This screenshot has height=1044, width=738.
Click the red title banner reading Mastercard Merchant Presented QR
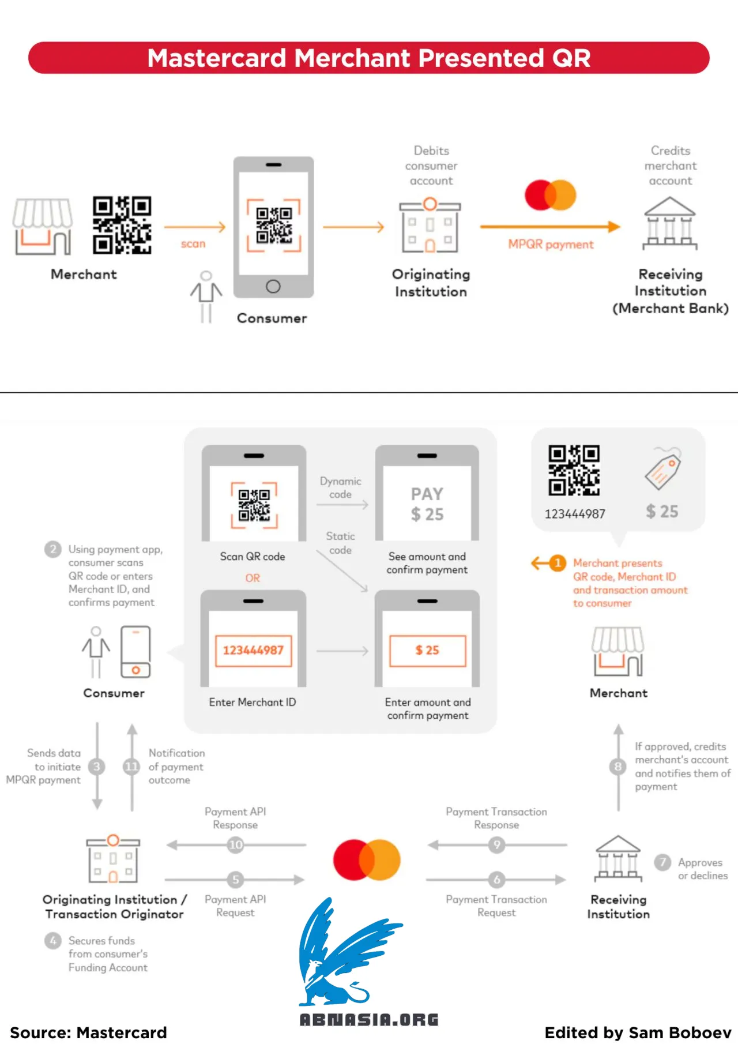(x=369, y=58)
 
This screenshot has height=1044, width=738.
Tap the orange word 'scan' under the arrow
(x=193, y=244)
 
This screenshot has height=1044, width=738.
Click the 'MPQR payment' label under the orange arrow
(x=551, y=245)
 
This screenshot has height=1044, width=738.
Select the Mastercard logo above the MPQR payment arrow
(x=551, y=195)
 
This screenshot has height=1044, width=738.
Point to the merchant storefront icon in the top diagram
(x=43, y=226)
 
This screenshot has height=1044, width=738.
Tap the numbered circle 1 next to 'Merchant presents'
(x=558, y=563)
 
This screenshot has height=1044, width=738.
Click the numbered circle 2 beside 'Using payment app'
(x=53, y=549)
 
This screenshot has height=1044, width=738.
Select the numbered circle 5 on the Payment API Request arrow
(x=235, y=880)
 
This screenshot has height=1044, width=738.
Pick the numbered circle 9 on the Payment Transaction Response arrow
(x=497, y=845)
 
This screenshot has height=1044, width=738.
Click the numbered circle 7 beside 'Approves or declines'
(x=662, y=862)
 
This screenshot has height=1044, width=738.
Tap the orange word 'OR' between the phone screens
(x=253, y=578)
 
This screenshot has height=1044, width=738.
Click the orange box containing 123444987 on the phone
(x=253, y=651)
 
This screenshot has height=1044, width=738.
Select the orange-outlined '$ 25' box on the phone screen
(x=427, y=651)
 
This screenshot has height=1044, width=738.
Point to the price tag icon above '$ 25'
(x=663, y=470)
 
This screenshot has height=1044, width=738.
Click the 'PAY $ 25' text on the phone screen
(x=427, y=504)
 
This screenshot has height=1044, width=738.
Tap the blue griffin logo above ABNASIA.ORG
(x=346, y=952)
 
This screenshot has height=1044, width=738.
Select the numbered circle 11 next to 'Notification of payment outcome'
(x=131, y=767)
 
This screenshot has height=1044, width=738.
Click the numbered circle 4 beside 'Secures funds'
(x=53, y=941)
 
